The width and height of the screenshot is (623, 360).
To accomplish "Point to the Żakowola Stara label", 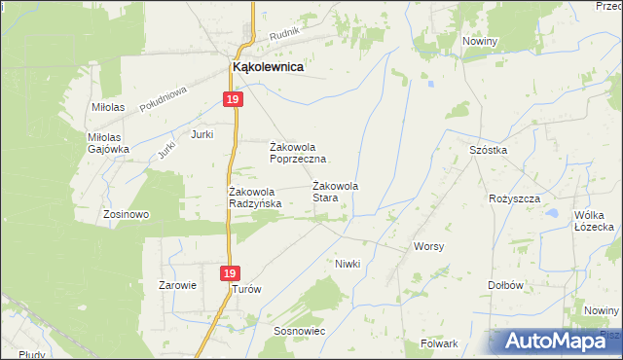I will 336,192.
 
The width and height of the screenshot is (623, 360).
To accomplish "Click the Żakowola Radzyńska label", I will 255,198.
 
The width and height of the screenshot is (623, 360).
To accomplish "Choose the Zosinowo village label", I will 125,214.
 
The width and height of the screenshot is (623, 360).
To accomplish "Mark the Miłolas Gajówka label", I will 108,143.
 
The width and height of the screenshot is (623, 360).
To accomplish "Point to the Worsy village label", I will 428,246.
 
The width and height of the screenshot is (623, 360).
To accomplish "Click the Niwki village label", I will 348,264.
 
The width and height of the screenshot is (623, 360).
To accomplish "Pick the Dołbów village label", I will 506,285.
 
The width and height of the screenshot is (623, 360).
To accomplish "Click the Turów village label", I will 247,289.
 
